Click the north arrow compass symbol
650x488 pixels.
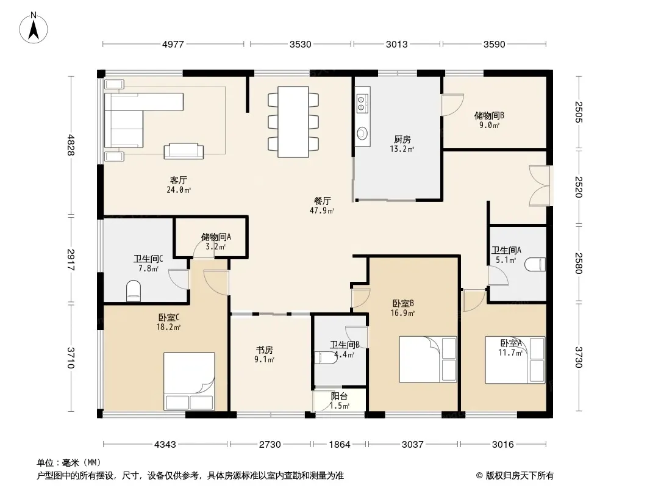pyautogui.click(x=34, y=28)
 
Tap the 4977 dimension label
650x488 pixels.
pyautogui.click(x=173, y=44)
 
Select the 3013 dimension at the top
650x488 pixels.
pyautogui.click(x=397, y=44)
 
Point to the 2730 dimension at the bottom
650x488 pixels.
pyautogui.click(x=270, y=445)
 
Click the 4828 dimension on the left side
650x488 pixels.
pyautogui.click(x=71, y=145)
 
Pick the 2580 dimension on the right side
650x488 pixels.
pyautogui.click(x=579, y=264)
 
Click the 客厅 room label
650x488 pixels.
pyautogui.click(x=178, y=181)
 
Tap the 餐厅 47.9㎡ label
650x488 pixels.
pyautogui.click(x=322, y=206)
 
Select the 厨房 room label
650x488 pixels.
pyautogui.click(x=402, y=139)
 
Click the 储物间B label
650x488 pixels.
pyautogui.click(x=489, y=116)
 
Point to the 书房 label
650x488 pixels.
pyautogui.click(x=264, y=350)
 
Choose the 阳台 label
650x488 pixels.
pyautogui.click(x=339, y=396)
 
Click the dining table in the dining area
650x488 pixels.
pyautogui.click(x=293, y=121)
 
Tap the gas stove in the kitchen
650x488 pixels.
pyautogui.click(x=362, y=104)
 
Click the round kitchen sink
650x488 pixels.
pyautogui.click(x=362, y=133)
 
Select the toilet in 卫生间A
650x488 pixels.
pyautogui.click(x=535, y=265)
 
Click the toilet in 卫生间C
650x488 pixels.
pyautogui.click(x=134, y=291)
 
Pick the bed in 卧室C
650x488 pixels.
pyautogui.click(x=189, y=381)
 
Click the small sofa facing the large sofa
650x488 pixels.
pyautogui.click(x=184, y=151)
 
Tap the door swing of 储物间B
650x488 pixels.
pyautogui.click(x=452, y=105)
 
